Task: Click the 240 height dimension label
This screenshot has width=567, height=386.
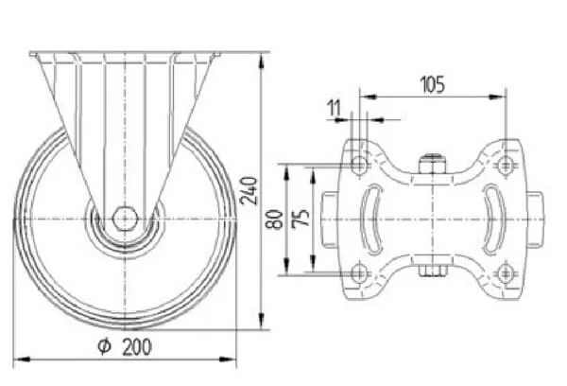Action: (x=249, y=191)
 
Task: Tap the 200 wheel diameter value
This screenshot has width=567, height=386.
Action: (x=137, y=347)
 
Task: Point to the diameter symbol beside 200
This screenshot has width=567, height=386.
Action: (x=105, y=346)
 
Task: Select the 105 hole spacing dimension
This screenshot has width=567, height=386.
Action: (x=433, y=84)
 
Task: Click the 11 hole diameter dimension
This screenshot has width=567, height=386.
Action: (x=334, y=108)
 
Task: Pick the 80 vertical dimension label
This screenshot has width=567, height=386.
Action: (x=275, y=219)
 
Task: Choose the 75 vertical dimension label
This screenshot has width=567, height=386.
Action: (x=301, y=218)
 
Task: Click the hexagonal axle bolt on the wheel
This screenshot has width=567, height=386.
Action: (x=125, y=219)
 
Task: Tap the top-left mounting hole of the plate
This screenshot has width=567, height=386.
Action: (x=359, y=166)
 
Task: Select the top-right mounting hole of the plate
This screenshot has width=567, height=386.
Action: (x=506, y=166)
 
